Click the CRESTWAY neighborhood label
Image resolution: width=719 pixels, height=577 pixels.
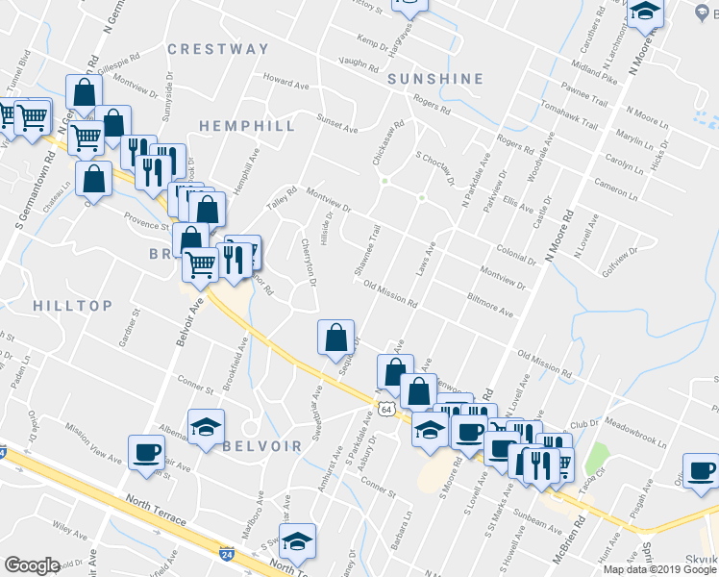tap(218, 49)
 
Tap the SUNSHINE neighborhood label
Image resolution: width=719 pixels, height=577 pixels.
tap(435, 79)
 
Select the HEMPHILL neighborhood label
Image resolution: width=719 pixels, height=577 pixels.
tap(247, 126)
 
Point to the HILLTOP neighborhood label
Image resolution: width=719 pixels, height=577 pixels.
tap(72, 306)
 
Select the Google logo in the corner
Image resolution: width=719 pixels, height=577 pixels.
tap(32, 565)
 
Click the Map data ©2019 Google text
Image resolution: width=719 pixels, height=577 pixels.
tap(658, 569)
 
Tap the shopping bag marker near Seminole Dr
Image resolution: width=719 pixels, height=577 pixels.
tap(335, 339)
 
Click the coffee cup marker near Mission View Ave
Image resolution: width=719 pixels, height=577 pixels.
tap(147, 453)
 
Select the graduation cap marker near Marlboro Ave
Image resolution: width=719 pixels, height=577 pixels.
tap(298, 541)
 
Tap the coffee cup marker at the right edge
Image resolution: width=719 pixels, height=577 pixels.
tap(700, 471)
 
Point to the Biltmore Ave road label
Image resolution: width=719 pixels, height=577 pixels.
tap(489, 305)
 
